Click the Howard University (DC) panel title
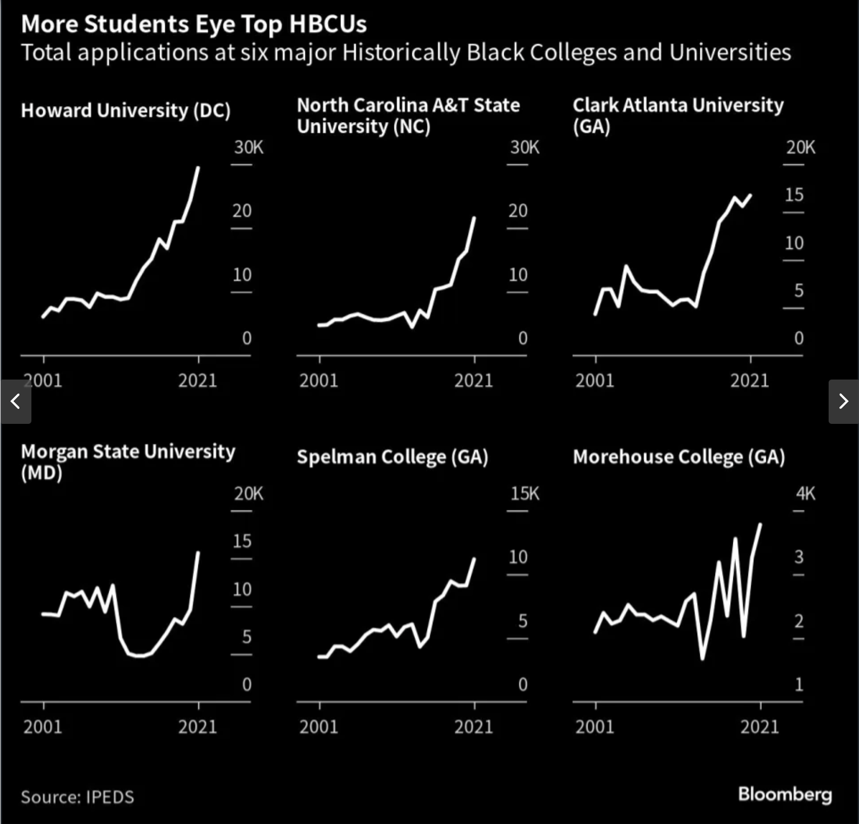pyautogui.click(x=126, y=111)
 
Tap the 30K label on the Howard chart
pyautogui.click(x=248, y=148)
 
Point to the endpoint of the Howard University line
pyautogui.click(x=198, y=168)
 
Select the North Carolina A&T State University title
pyautogui.click(x=408, y=115)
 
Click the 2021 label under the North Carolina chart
pyautogui.click(x=473, y=381)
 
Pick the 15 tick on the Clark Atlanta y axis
pyautogui.click(x=794, y=195)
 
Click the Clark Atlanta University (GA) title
pyautogui.click(x=678, y=115)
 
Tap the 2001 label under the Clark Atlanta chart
pyautogui.click(x=595, y=381)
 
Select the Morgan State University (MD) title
pyautogui.click(x=128, y=461)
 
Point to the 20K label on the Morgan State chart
pyautogui.click(x=248, y=494)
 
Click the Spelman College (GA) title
pyautogui.click(x=392, y=457)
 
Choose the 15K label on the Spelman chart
pyautogui.click(x=524, y=494)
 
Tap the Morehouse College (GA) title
pyautogui.click(x=679, y=457)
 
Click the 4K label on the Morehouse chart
pyautogui.click(x=805, y=494)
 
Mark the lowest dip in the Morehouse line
pyautogui.click(x=702, y=658)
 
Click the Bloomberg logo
pyautogui.click(x=784, y=794)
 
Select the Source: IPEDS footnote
pyautogui.click(x=77, y=797)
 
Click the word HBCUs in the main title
pyautogui.click(x=328, y=24)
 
